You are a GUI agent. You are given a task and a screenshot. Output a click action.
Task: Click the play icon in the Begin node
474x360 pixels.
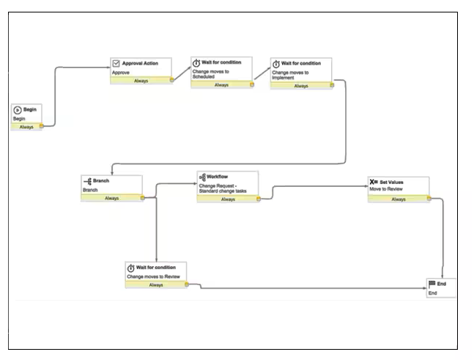point(18,109)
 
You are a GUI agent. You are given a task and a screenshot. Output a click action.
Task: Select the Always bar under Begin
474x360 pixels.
point(26,126)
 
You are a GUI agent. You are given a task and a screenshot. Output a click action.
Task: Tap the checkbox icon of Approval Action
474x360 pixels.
point(116,63)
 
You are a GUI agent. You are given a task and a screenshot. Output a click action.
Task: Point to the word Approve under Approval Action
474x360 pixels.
point(121,73)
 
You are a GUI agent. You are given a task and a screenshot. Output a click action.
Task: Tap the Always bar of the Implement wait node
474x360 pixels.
point(300,86)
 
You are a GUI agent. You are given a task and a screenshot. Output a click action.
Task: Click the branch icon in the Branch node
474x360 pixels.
point(86,180)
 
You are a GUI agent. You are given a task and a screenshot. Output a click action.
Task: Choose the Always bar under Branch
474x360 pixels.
point(111,197)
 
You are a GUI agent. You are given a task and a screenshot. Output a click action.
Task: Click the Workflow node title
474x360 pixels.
point(217,177)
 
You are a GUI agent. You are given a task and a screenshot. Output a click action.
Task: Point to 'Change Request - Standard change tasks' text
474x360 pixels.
point(223,188)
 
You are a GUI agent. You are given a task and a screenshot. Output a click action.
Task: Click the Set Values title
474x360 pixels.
point(391,181)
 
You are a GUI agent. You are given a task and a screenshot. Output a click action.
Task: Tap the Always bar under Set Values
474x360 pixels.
point(398,199)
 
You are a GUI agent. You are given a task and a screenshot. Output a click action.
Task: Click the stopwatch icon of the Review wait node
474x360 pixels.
point(131,268)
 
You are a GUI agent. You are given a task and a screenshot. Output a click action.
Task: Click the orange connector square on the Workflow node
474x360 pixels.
point(258,199)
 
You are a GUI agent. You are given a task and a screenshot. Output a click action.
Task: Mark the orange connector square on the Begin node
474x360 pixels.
point(41,126)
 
